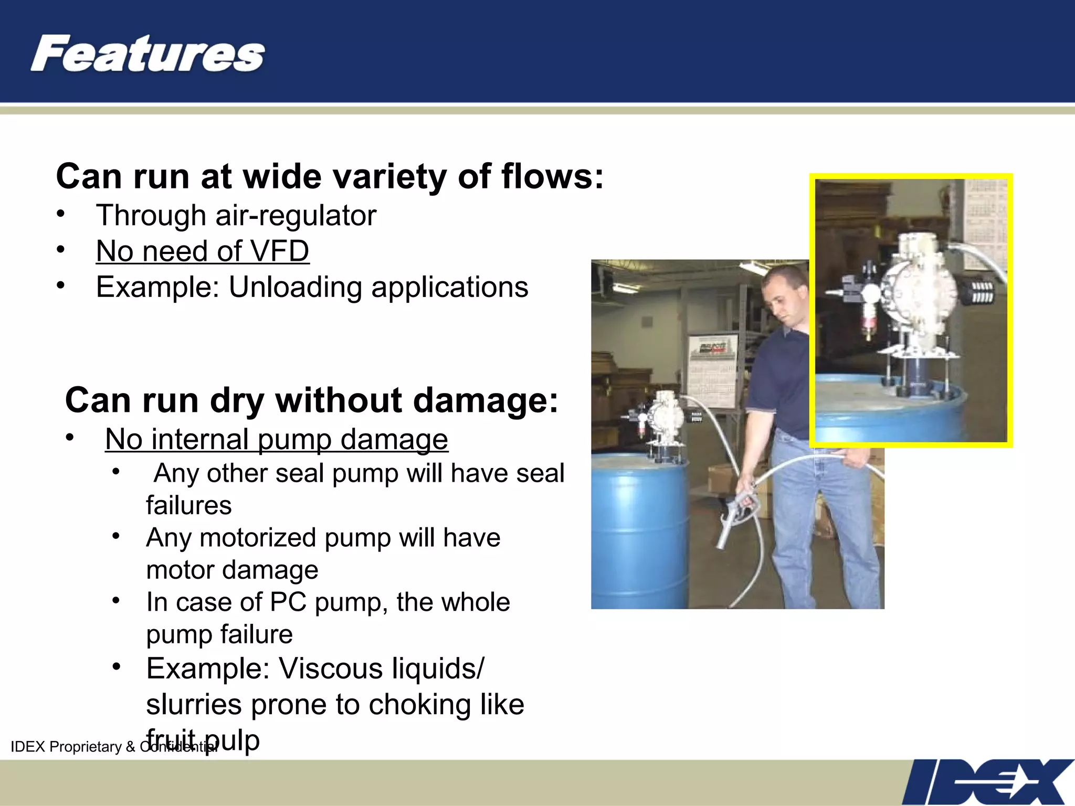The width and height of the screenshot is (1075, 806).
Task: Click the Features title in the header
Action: pyautogui.click(x=147, y=54)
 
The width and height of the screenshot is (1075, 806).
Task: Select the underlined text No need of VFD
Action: pyautogui.click(x=203, y=251)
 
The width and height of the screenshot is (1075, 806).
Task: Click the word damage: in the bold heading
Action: pyautogui.click(x=485, y=400)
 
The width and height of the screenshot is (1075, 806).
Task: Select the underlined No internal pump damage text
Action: pyautogui.click(x=276, y=439)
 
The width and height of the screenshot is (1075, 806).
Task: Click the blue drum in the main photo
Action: pyautogui.click(x=638, y=530)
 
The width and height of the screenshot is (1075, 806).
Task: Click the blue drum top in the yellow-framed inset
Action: pyautogui.click(x=887, y=399)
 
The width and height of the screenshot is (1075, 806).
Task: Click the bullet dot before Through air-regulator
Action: pyautogui.click(x=61, y=214)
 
